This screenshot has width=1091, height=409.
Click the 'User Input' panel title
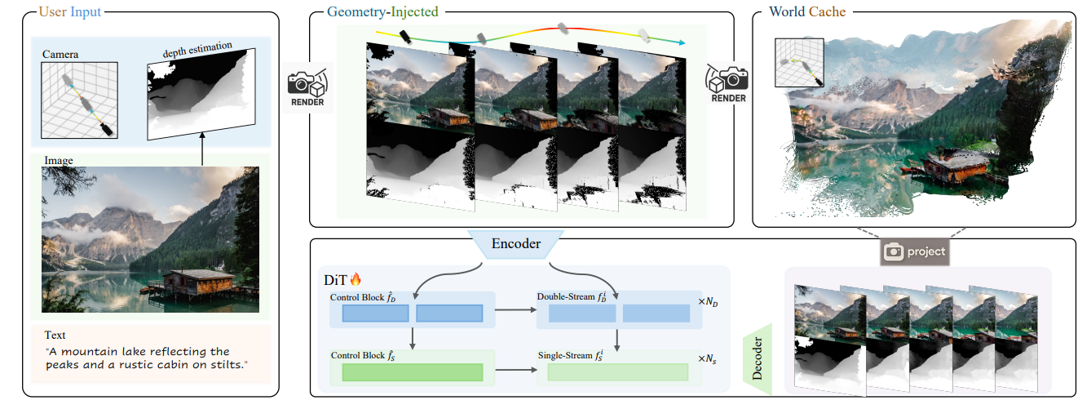pos(69,12)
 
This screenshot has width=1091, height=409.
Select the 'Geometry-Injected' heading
pos(382,12)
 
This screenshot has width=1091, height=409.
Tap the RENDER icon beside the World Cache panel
pos(727,86)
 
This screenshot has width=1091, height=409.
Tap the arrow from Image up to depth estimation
pos(202,151)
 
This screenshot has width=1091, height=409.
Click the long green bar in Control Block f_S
pos(412,372)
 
